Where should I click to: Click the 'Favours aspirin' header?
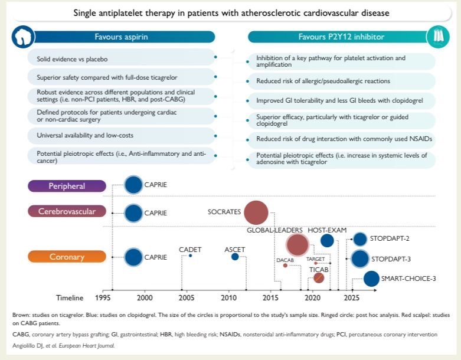coord(122,37)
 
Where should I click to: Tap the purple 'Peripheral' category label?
coord(67,186)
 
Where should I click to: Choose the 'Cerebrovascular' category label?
coord(67,211)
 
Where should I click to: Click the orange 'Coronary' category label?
coord(67,257)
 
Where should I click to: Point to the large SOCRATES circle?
coord(256,212)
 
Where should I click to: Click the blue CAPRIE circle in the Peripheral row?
coord(133,185)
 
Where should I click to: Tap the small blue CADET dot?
coord(190,256)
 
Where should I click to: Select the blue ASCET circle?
coord(235,256)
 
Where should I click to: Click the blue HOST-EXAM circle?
coord(326,240)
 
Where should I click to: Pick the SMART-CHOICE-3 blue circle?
coord(371,279)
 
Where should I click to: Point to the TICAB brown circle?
coord(319,278)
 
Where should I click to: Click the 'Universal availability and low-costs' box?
coord(118,136)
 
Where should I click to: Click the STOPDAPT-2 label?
coord(390,240)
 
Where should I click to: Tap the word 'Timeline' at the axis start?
coord(70,297)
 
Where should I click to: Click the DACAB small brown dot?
coord(285,266)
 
